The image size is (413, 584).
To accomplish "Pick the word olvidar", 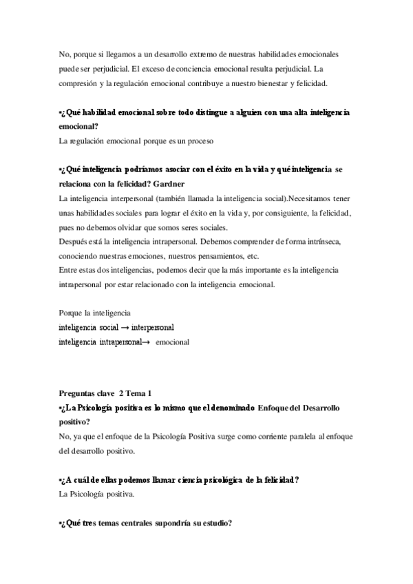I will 164,229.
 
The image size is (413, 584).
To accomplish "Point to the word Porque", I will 73,313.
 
